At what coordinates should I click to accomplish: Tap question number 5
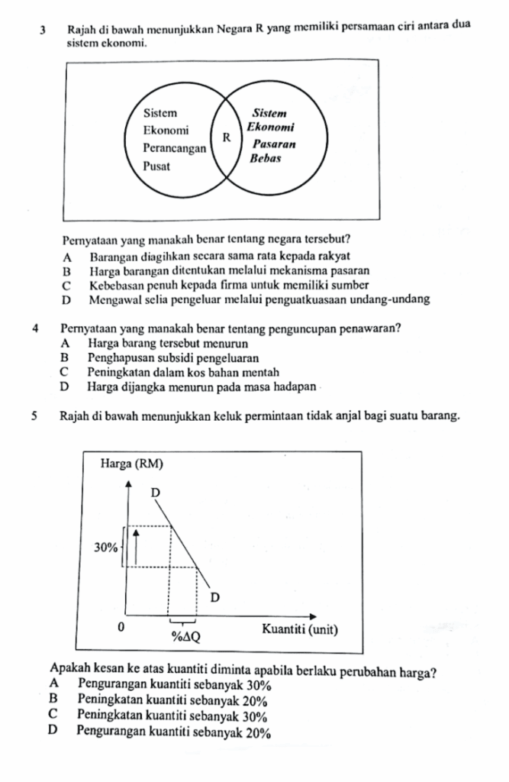point(37,418)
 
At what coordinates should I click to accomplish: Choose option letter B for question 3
point(68,270)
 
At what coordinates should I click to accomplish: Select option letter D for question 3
point(68,299)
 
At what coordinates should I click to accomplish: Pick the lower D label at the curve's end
point(214,596)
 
